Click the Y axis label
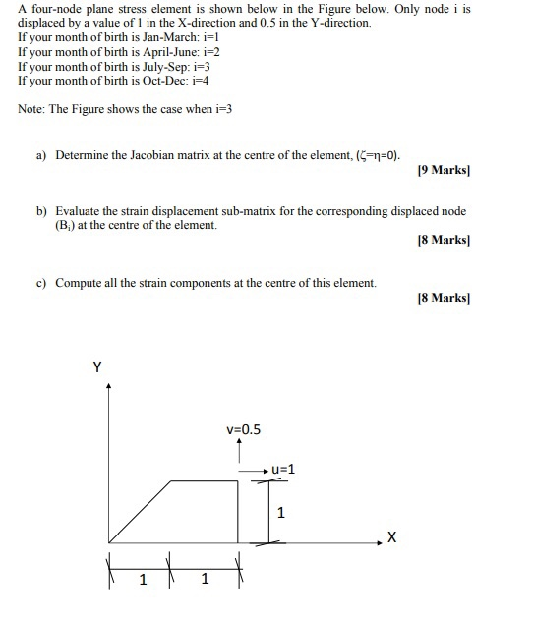click(x=96, y=367)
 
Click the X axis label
click(x=392, y=537)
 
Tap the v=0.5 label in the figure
click(x=243, y=428)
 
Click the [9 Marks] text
click(x=445, y=170)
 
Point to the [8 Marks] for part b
click(x=445, y=239)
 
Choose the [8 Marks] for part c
click(x=445, y=296)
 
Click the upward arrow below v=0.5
click(x=239, y=451)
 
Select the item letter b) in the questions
click(x=42, y=211)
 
